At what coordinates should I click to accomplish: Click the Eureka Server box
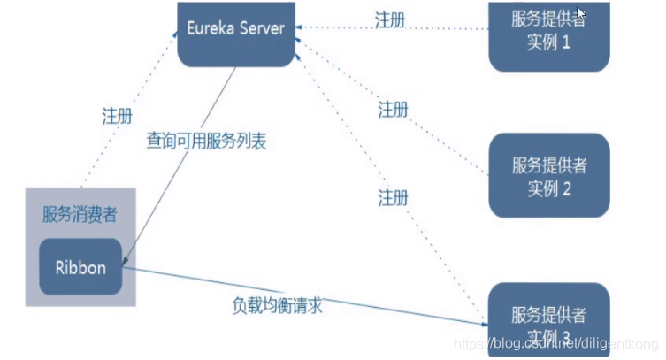tap(235, 34)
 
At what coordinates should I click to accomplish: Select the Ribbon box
tap(80, 265)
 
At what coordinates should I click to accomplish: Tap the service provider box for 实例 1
tap(548, 35)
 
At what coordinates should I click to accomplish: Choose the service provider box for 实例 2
tap(548, 176)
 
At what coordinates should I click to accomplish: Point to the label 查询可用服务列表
tap(207, 140)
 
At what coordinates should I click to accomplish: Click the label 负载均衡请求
tap(277, 306)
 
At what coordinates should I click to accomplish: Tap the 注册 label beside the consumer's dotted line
tap(118, 116)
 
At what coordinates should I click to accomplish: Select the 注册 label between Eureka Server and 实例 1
tap(390, 20)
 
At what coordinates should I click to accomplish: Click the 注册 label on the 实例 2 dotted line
tap(393, 110)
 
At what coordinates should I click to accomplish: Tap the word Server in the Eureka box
tap(264, 28)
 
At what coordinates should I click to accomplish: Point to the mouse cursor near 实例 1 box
tap(580, 13)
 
